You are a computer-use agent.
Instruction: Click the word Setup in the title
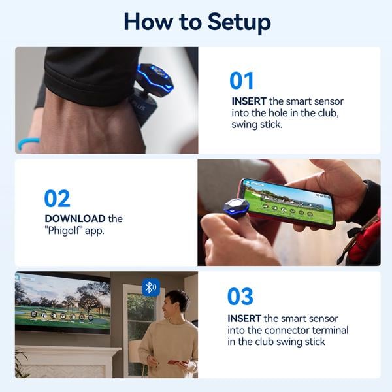coord(239,22)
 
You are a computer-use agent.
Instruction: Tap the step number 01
coord(242,80)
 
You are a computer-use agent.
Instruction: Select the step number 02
coord(57,199)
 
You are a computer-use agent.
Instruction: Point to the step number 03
coord(240,296)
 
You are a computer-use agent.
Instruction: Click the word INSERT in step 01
coord(249,101)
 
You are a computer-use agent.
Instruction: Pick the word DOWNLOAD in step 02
coord(75,218)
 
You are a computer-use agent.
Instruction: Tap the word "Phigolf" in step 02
coord(63,230)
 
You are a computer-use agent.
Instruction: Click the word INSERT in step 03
coord(244,319)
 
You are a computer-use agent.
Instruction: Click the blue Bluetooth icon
coord(151,287)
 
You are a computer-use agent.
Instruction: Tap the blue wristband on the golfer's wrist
coord(28,143)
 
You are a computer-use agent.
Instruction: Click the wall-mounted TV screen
coord(63,302)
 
